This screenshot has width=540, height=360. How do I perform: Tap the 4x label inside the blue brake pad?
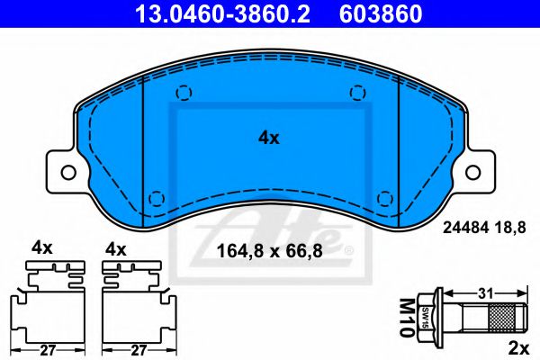(x=269, y=138)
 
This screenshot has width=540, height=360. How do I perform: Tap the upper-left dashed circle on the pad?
(x=183, y=92)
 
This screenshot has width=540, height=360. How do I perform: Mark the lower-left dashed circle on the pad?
(x=157, y=198)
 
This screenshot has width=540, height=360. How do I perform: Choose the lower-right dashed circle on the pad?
(x=385, y=198)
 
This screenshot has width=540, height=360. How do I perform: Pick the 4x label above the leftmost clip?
(x=41, y=246)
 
